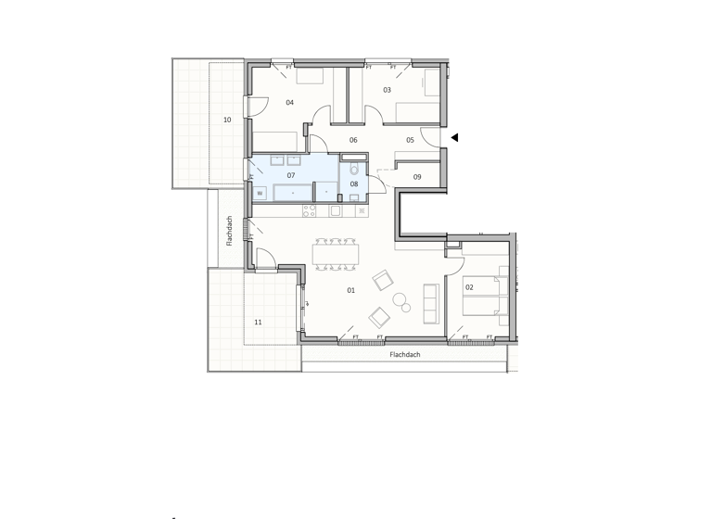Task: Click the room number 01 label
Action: [351, 291]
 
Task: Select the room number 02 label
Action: [469, 287]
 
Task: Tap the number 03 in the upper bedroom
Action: [387, 90]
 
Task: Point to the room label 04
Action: [290, 103]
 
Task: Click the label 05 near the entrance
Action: [410, 140]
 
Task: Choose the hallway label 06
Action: [353, 140]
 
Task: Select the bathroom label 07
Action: [290, 175]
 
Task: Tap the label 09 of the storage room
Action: [417, 177]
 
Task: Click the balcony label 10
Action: [226, 120]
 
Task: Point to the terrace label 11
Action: [258, 322]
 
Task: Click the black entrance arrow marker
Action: [454, 138]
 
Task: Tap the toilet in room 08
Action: [354, 171]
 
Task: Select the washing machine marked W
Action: [261, 193]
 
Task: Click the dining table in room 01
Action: [336, 254]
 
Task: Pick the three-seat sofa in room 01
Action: [431, 303]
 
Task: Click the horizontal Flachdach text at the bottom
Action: [405, 354]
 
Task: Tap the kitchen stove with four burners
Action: [309, 210]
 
